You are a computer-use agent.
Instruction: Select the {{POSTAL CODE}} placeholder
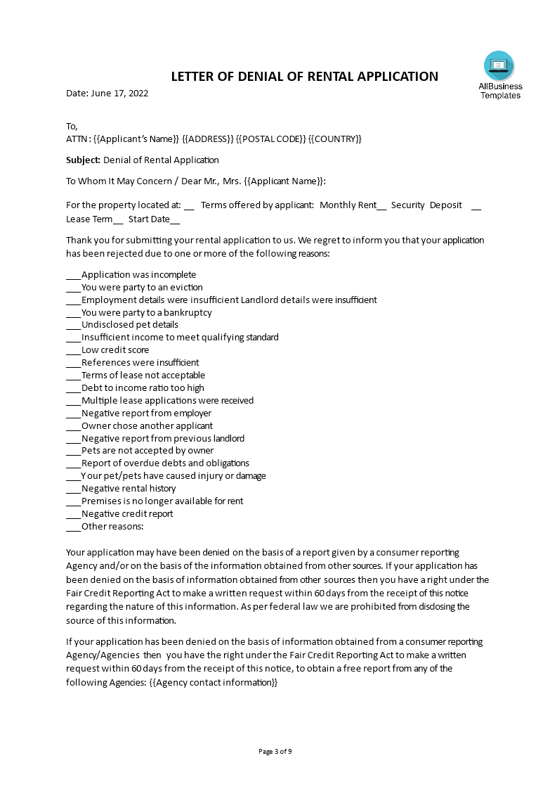pyautogui.click(x=270, y=139)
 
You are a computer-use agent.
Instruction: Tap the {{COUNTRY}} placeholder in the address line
pyautogui.click(x=335, y=139)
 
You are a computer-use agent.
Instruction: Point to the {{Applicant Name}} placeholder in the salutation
pyautogui.click(x=284, y=181)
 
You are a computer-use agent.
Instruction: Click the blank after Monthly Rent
pyautogui.click(x=382, y=205)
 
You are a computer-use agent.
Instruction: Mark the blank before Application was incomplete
pyautogui.click(x=74, y=275)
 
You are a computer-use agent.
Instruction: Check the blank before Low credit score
pyautogui.click(x=74, y=350)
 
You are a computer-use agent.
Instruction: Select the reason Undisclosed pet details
pyautogui.click(x=129, y=325)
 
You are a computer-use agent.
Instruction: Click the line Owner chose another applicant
pyautogui.click(x=147, y=425)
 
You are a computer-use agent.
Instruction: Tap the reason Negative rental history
pyautogui.click(x=129, y=489)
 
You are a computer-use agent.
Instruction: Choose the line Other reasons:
pyautogui.click(x=112, y=526)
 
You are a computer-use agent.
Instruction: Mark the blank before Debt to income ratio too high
pyautogui.click(x=74, y=388)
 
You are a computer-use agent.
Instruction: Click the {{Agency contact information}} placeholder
pyautogui.click(x=214, y=682)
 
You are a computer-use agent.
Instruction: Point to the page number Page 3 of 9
pyautogui.click(x=275, y=751)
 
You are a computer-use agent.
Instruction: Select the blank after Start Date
pyautogui.click(x=176, y=219)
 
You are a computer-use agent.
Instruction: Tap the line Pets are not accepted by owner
pyautogui.click(x=148, y=451)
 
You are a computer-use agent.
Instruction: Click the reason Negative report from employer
pyautogui.click(x=146, y=413)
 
